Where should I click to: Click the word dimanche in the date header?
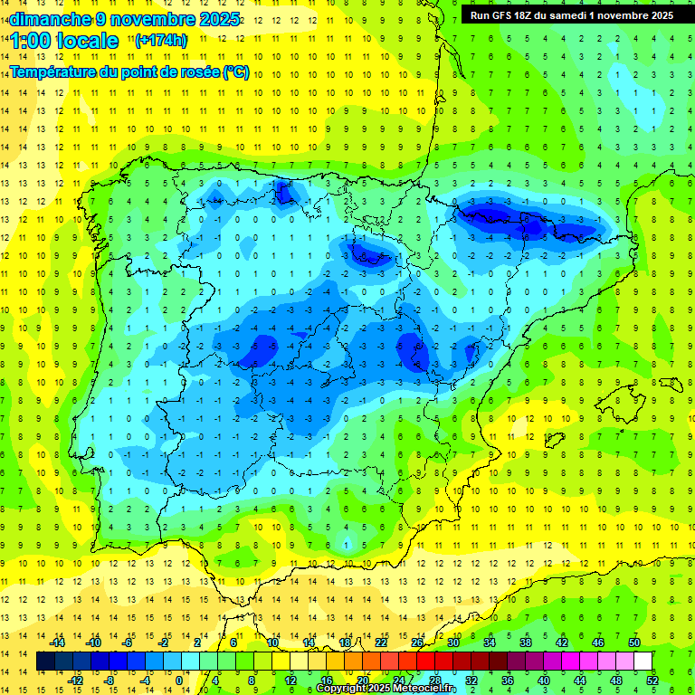[47, 18]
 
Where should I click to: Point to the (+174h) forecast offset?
[161, 41]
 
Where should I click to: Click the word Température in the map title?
[53, 71]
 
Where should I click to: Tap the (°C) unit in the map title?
[236, 71]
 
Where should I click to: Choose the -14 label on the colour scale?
[57, 642]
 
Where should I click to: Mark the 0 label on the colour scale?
[179, 680]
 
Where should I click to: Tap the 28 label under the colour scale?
[435, 680]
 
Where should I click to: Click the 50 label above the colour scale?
[634, 642]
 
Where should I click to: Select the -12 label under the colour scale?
[75, 680]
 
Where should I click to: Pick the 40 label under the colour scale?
[544, 680]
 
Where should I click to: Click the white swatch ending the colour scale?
[643, 662]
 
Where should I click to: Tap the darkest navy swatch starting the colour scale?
[45, 662]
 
